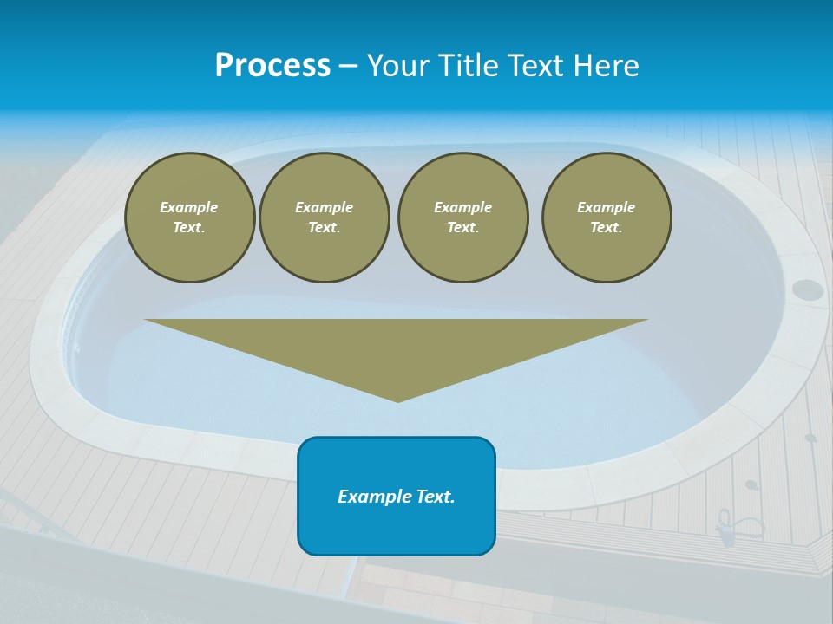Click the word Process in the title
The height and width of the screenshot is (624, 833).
(x=272, y=66)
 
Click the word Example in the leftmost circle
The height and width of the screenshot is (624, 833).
(x=189, y=207)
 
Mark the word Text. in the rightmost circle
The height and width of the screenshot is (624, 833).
(x=607, y=227)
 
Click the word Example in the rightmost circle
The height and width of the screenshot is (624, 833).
(x=607, y=207)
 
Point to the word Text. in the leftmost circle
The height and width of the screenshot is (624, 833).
(x=189, y=227)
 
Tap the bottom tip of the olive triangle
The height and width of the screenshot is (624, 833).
(x=397, y=400)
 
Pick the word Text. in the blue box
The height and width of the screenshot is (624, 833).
(x=436, y=497)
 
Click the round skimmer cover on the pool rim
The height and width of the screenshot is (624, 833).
(x=807, y=289)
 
